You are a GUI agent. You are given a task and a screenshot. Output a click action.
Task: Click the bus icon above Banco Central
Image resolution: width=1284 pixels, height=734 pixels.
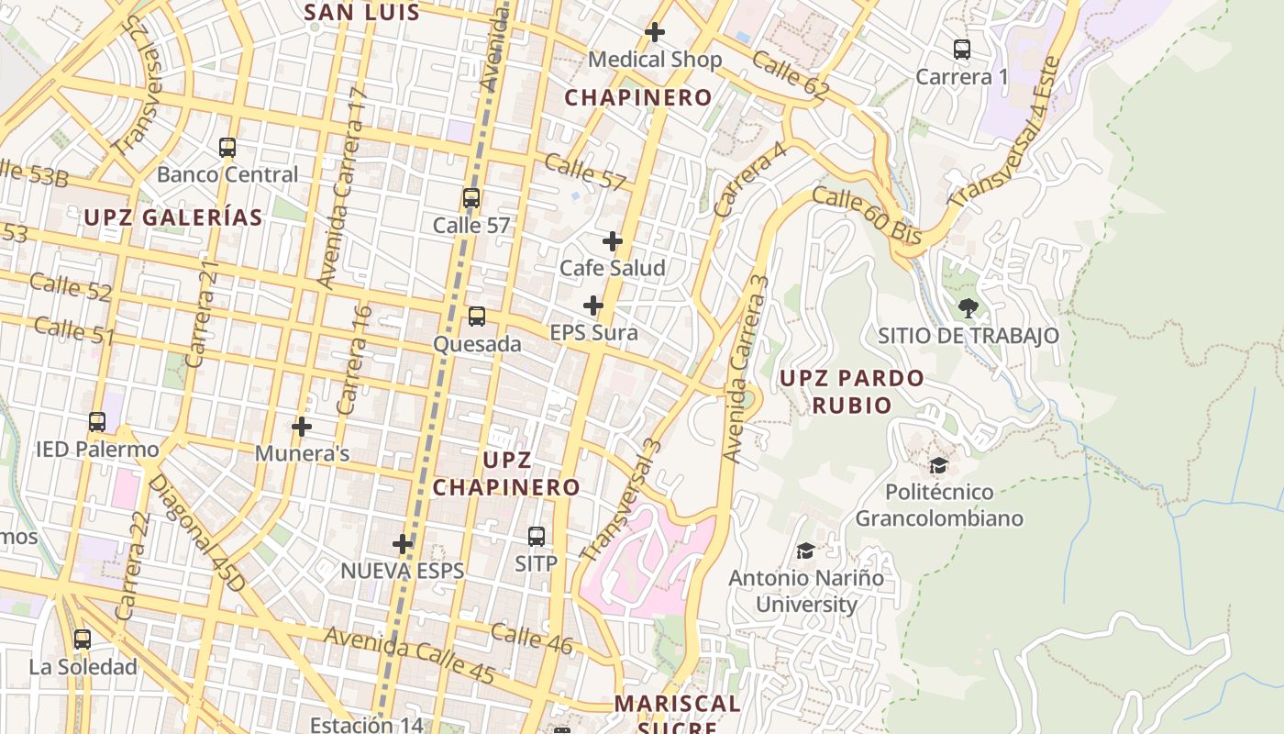click(x=227, y=147)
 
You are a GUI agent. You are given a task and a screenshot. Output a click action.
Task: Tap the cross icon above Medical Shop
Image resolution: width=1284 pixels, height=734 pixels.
click(x=654, y=32)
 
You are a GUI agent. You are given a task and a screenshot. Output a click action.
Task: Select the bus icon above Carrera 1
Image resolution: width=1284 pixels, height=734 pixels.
click(x=961, y=50)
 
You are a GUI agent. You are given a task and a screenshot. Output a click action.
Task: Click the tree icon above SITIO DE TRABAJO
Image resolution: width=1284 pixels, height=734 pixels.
click(x=968, y=307)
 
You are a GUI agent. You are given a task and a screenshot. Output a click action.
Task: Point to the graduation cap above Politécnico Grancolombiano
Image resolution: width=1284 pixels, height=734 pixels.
click(x=938, y=465)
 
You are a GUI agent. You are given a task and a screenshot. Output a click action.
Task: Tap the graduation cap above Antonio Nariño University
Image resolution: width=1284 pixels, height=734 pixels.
click(x=805, y=550)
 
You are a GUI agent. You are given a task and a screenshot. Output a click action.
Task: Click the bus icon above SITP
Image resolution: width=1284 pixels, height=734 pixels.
click(x=537, y=536)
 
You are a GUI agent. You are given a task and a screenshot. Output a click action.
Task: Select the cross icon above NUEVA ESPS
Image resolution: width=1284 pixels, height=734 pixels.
click(x=403, y=543)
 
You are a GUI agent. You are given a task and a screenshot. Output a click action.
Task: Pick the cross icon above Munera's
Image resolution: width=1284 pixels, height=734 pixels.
click(x=302, y=426)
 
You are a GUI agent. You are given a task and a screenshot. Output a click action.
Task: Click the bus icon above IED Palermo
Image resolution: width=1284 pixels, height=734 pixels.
click(x=97, y=422)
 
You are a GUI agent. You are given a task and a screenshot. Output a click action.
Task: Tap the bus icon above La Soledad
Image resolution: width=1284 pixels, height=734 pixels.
click(x=83, y=639)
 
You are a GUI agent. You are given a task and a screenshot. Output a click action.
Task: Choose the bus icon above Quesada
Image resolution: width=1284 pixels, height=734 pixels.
click(x=476, y=317)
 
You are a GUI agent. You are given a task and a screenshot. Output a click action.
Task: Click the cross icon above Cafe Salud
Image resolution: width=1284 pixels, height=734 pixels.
click(x=613, y=240)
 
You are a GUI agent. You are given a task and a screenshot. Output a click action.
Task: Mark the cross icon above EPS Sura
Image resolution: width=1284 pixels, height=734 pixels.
click(x=593, y=305)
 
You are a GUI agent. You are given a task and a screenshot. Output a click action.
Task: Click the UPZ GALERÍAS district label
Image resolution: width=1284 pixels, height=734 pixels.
click(x=173, y=217)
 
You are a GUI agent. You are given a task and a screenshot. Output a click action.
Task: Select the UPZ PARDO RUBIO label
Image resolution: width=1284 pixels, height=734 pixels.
click(x=851, y=392)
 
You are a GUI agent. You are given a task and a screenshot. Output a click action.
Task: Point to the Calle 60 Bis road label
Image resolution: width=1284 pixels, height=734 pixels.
click(x=866, y=216)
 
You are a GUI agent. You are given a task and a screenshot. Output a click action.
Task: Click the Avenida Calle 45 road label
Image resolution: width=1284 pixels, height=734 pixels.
click(x=409, y=655)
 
